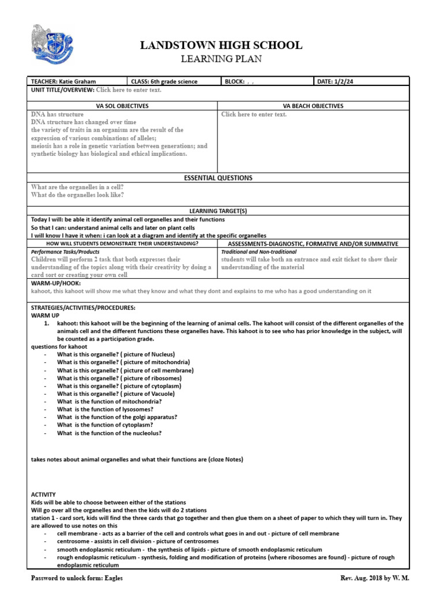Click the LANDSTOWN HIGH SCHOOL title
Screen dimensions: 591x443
pos(221,46)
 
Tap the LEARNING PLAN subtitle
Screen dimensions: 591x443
pos(221,59)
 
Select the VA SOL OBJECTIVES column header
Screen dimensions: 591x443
pos(122,106)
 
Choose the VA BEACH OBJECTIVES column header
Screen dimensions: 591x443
pos(313,106)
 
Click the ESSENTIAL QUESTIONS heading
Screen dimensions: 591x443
pos(218,178)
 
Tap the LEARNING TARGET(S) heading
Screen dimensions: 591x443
pos(218,211)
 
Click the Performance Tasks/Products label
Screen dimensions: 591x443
pos(65,252)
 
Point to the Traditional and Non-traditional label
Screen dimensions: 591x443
pos(259,252)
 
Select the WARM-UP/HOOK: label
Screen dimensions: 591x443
pos(56,283)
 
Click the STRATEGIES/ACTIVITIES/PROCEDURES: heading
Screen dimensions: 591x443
pos(83,308)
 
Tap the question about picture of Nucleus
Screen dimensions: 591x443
pos(115,354)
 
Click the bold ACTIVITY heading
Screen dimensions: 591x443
pos(44,495)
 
